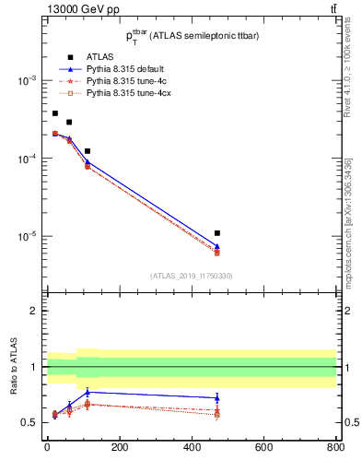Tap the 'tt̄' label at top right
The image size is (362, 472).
[x=332, y=9]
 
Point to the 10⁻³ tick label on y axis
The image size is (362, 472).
[x=26, y=81]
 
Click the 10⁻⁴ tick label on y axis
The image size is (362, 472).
[x=26, y=159]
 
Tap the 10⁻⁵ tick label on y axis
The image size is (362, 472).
[x=26, y=237]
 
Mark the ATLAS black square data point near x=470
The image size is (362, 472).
[x=216, y=233]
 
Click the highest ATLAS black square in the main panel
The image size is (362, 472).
[x=54, y=113]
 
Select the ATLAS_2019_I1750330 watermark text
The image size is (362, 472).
[x=191, y=276]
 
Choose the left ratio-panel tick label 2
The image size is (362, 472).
[x=34, y=311]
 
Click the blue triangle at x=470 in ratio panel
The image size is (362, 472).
[x=216, y=398]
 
